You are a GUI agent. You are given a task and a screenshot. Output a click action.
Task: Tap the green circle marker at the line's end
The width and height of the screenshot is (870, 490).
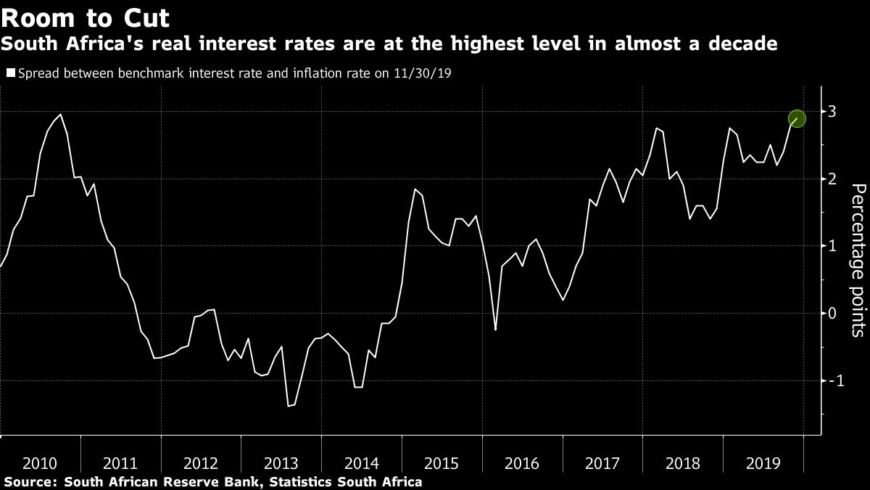pos(797,118)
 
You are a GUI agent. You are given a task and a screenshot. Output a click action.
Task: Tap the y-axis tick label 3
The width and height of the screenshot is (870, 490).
pos(833,111)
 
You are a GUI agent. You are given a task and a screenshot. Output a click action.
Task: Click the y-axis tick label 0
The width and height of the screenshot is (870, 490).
pos(833,313)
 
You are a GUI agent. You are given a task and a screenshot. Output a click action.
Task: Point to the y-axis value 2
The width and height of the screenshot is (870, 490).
pos(833,179)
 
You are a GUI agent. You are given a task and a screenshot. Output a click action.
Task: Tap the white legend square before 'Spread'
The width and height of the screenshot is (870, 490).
pos(10,73)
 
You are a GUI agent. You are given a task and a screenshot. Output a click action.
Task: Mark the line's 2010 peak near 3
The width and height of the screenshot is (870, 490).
pos(60,114)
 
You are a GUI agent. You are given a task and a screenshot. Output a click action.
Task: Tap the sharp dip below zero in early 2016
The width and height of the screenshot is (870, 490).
pos(495,330)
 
